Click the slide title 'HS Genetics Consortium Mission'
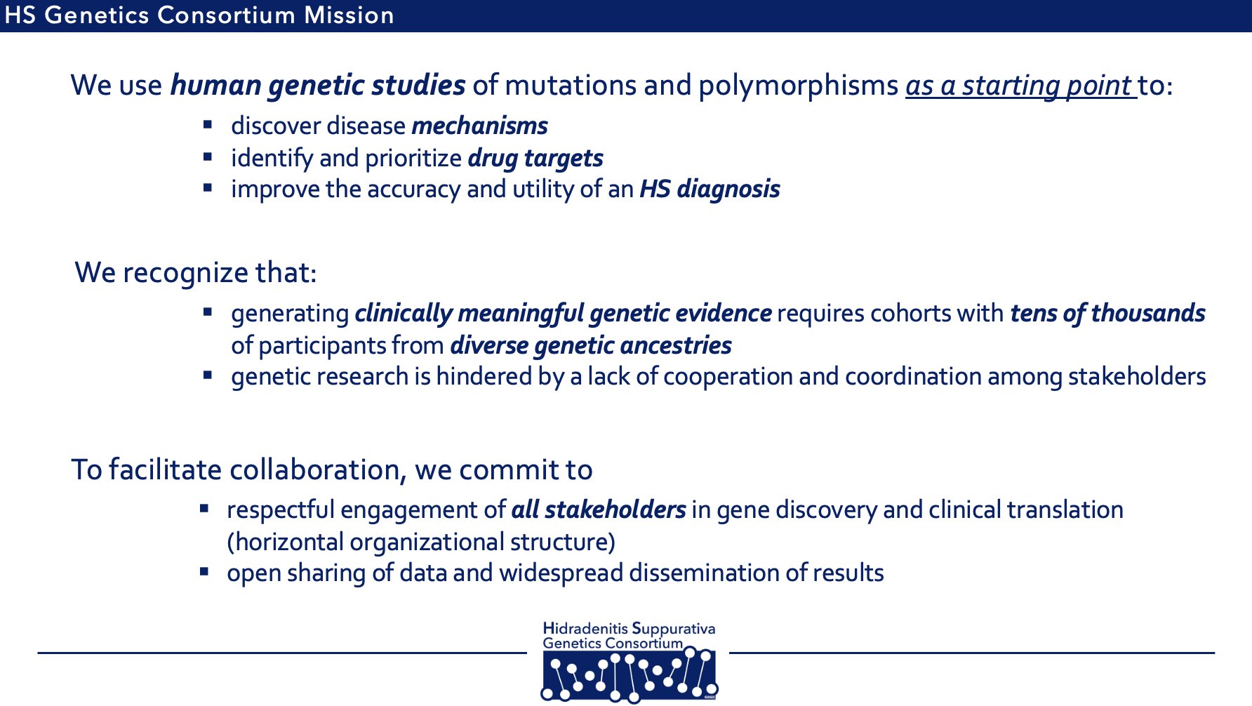coord(199,15)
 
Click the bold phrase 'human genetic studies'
coord(317,86)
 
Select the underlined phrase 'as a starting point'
coord(1019,86)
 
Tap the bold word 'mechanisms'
coord(479,126)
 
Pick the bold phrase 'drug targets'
coord(535,159)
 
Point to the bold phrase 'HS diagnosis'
coord(710,189)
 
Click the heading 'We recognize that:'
coord(196,273)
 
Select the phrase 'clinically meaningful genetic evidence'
coord(563,314)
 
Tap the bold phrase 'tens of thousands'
coord(1107,314)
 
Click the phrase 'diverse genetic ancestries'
coord(590,346)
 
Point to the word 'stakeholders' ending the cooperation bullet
coord(1136,377)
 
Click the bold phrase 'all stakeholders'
coord(598,510)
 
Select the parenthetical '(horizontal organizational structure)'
coord(421,542)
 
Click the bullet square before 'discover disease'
coord(208,125)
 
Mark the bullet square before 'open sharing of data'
coord(204,572)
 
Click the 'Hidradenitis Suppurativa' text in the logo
coord(629,629)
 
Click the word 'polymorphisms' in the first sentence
coord(798,86)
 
